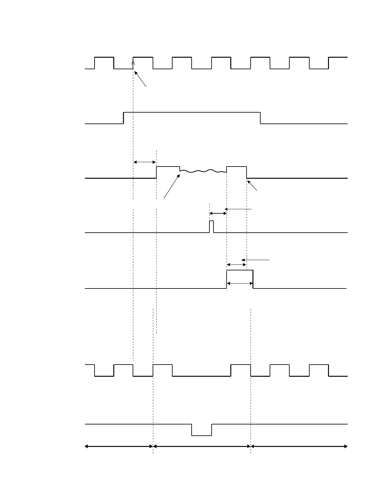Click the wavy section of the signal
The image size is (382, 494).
[x=203, y=171]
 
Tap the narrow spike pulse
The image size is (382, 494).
[x=211, y=226]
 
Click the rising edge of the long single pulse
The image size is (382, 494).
[x=124, y=118]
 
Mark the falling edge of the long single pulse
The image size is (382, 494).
[x=261, y=118]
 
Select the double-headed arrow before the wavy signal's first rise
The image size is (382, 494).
[x=144, y=162]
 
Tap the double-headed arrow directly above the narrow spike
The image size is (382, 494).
[x=218, y=213]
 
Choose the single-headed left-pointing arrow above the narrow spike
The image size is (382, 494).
[x=238, y=209]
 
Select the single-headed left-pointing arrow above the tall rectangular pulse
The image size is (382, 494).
[x=255, y=259]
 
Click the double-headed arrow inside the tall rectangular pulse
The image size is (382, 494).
[x=239, y=283]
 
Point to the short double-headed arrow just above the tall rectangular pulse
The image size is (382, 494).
[x=236, y=264]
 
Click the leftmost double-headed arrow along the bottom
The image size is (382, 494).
[x=119, y=446]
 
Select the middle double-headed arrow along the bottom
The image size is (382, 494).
[x=202, y=446]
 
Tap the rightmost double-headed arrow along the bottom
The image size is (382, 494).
[x=299, y=446]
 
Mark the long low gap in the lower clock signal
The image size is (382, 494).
[x=201, y=376]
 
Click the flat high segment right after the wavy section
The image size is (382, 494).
[x=236, y=167]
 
